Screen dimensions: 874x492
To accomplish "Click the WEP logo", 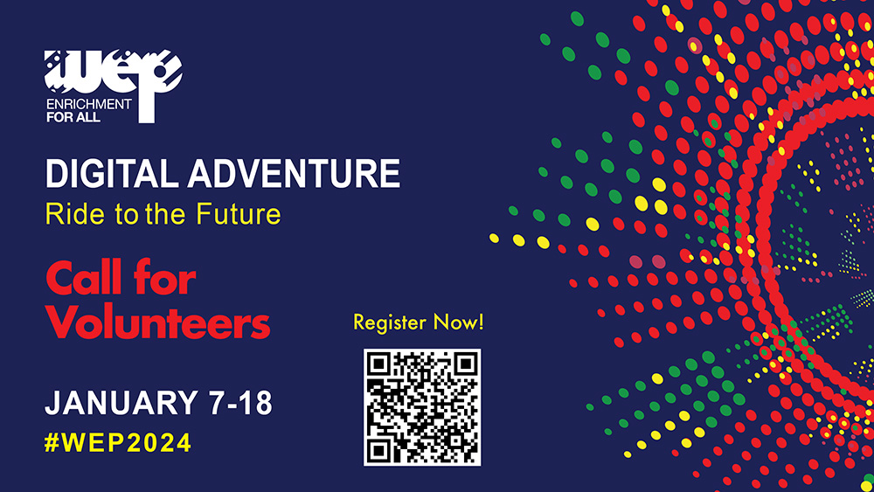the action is point(113,86).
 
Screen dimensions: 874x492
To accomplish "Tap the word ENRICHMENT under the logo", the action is point(89,104).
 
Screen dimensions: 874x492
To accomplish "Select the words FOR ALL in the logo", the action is point(73,117).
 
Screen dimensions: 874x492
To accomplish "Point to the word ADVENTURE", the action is point(294,173).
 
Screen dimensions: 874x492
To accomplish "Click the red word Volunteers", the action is point(158,322).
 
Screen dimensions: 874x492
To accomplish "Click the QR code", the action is point(422,407).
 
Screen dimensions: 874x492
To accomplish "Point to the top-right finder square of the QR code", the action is point(466,364).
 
